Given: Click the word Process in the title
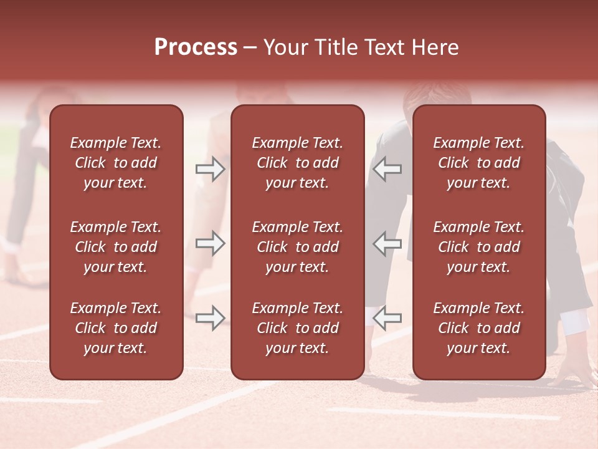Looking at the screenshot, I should tap(196, 47).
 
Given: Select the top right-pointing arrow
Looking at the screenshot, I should tap(211, 169).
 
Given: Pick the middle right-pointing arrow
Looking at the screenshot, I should tap(211, 243).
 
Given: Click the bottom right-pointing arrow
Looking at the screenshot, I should tap(211, 318).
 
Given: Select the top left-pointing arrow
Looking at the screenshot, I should tap(387, 169).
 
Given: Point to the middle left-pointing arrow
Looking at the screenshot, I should tap(387, 243).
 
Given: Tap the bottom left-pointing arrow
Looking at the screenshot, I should tap(387, 318).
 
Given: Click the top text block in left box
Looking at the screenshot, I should tap(116, 163).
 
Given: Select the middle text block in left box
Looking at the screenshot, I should tap(116, 247).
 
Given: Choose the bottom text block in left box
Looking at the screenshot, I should tap(116, 328).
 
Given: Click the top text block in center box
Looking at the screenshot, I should tap(298, 163).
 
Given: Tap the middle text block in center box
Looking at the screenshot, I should tap(298, 247).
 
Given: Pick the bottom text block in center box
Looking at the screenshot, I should tap(298, 328).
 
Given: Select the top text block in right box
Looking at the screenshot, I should tap(479, 163).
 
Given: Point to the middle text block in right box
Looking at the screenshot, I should tap(479, 247).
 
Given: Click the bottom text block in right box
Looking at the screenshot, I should tap(479, 328).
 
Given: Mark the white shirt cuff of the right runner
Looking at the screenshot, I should tap(574, 321).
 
